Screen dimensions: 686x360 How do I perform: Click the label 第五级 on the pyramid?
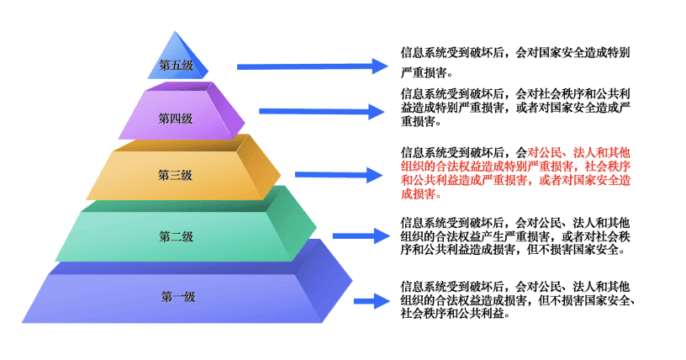point(176,66)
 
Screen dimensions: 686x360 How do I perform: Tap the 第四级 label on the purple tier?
point(176,119)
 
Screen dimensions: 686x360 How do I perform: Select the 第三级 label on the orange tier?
point(175,175)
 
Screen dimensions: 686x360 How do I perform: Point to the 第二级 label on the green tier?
point(176,237)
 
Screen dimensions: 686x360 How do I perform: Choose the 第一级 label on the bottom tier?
point(177,297)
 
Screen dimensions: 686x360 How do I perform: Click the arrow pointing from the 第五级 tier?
point(313,66)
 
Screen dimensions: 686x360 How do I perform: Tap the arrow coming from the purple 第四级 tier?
point(321,111)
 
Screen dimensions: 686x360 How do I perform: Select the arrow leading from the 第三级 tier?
point(339,175)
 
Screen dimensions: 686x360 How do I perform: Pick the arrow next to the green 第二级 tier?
point(361,236)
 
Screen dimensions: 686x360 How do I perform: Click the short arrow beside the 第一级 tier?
point(372,301)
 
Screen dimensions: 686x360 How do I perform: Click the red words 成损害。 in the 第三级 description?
point(421,193)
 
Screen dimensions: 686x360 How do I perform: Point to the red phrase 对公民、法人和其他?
point(578,152)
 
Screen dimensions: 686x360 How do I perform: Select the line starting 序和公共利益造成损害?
point(513,250)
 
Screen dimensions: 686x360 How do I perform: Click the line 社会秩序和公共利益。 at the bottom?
point(455,314)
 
